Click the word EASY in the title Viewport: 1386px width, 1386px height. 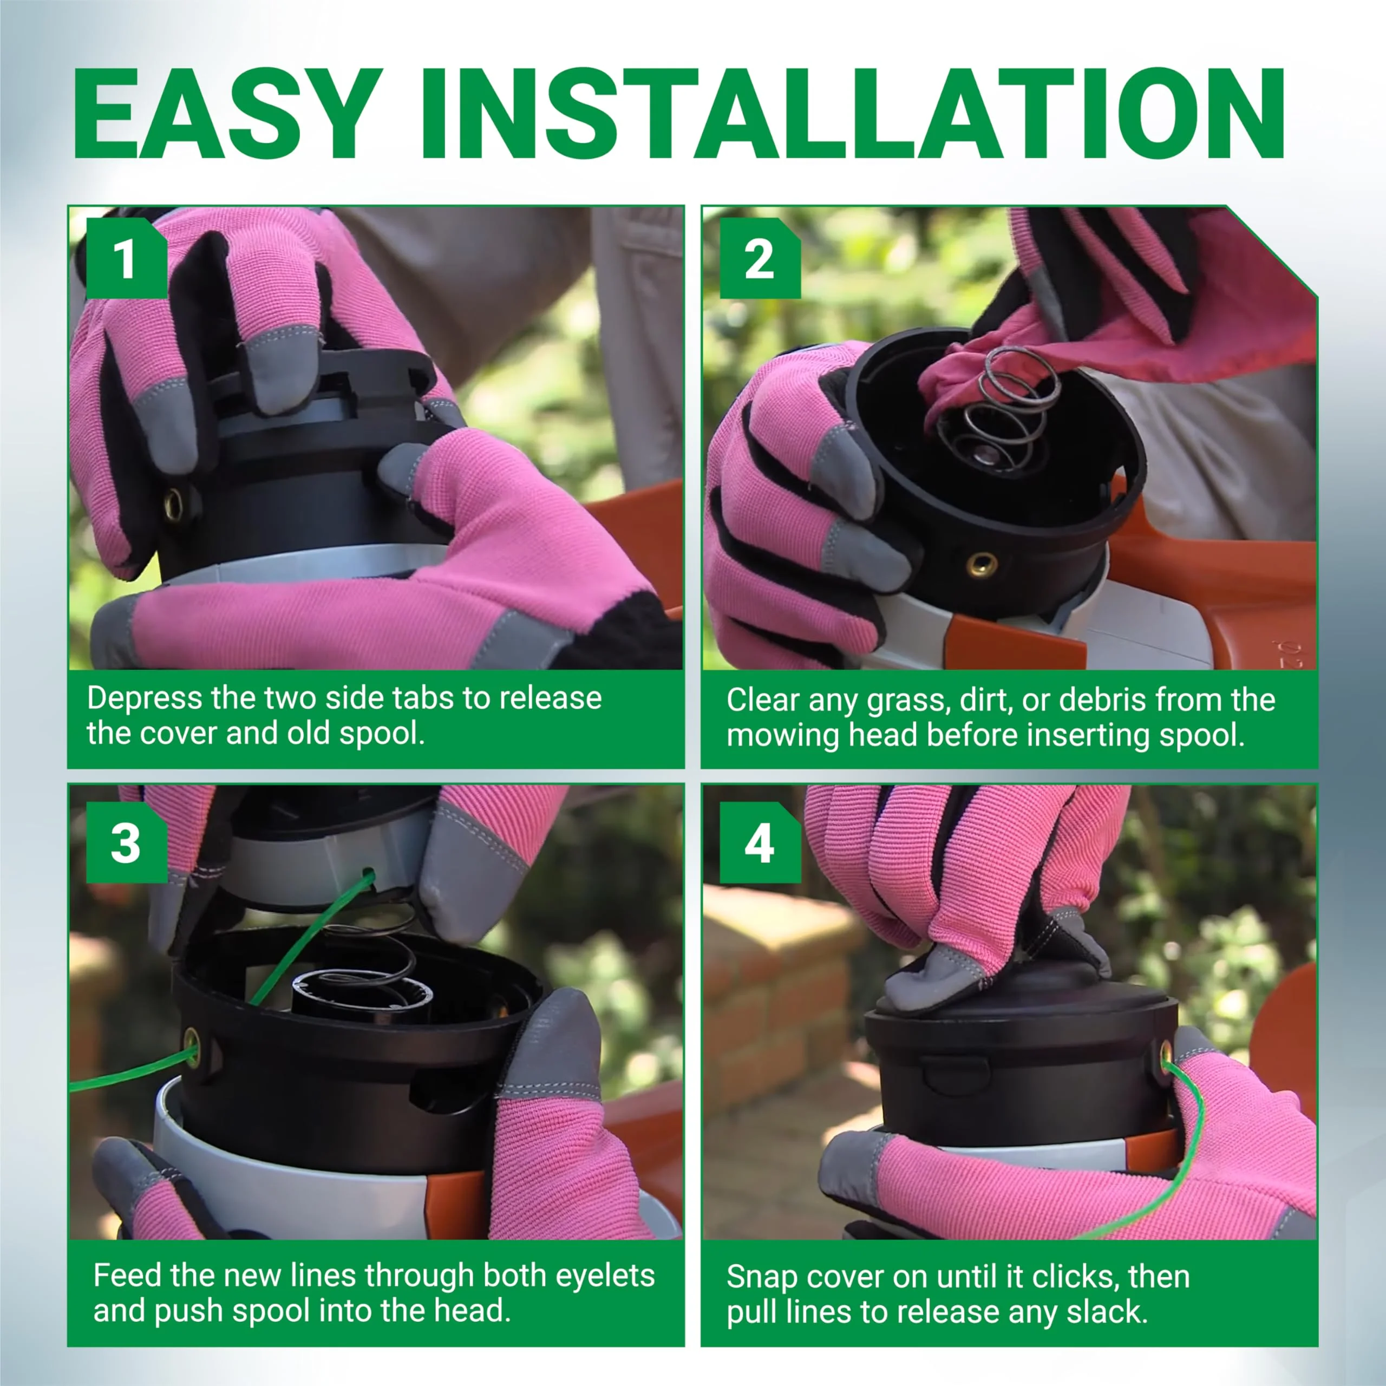click(x=227, y=113)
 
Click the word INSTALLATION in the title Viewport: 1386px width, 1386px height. click(x=852, y=113)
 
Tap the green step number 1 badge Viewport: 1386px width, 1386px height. click(x=126, y=258)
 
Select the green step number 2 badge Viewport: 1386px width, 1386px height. click(x=760, y=258)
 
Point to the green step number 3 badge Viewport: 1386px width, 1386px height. click(x=126, y=843)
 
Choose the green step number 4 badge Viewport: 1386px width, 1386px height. click(x=760, y=843)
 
